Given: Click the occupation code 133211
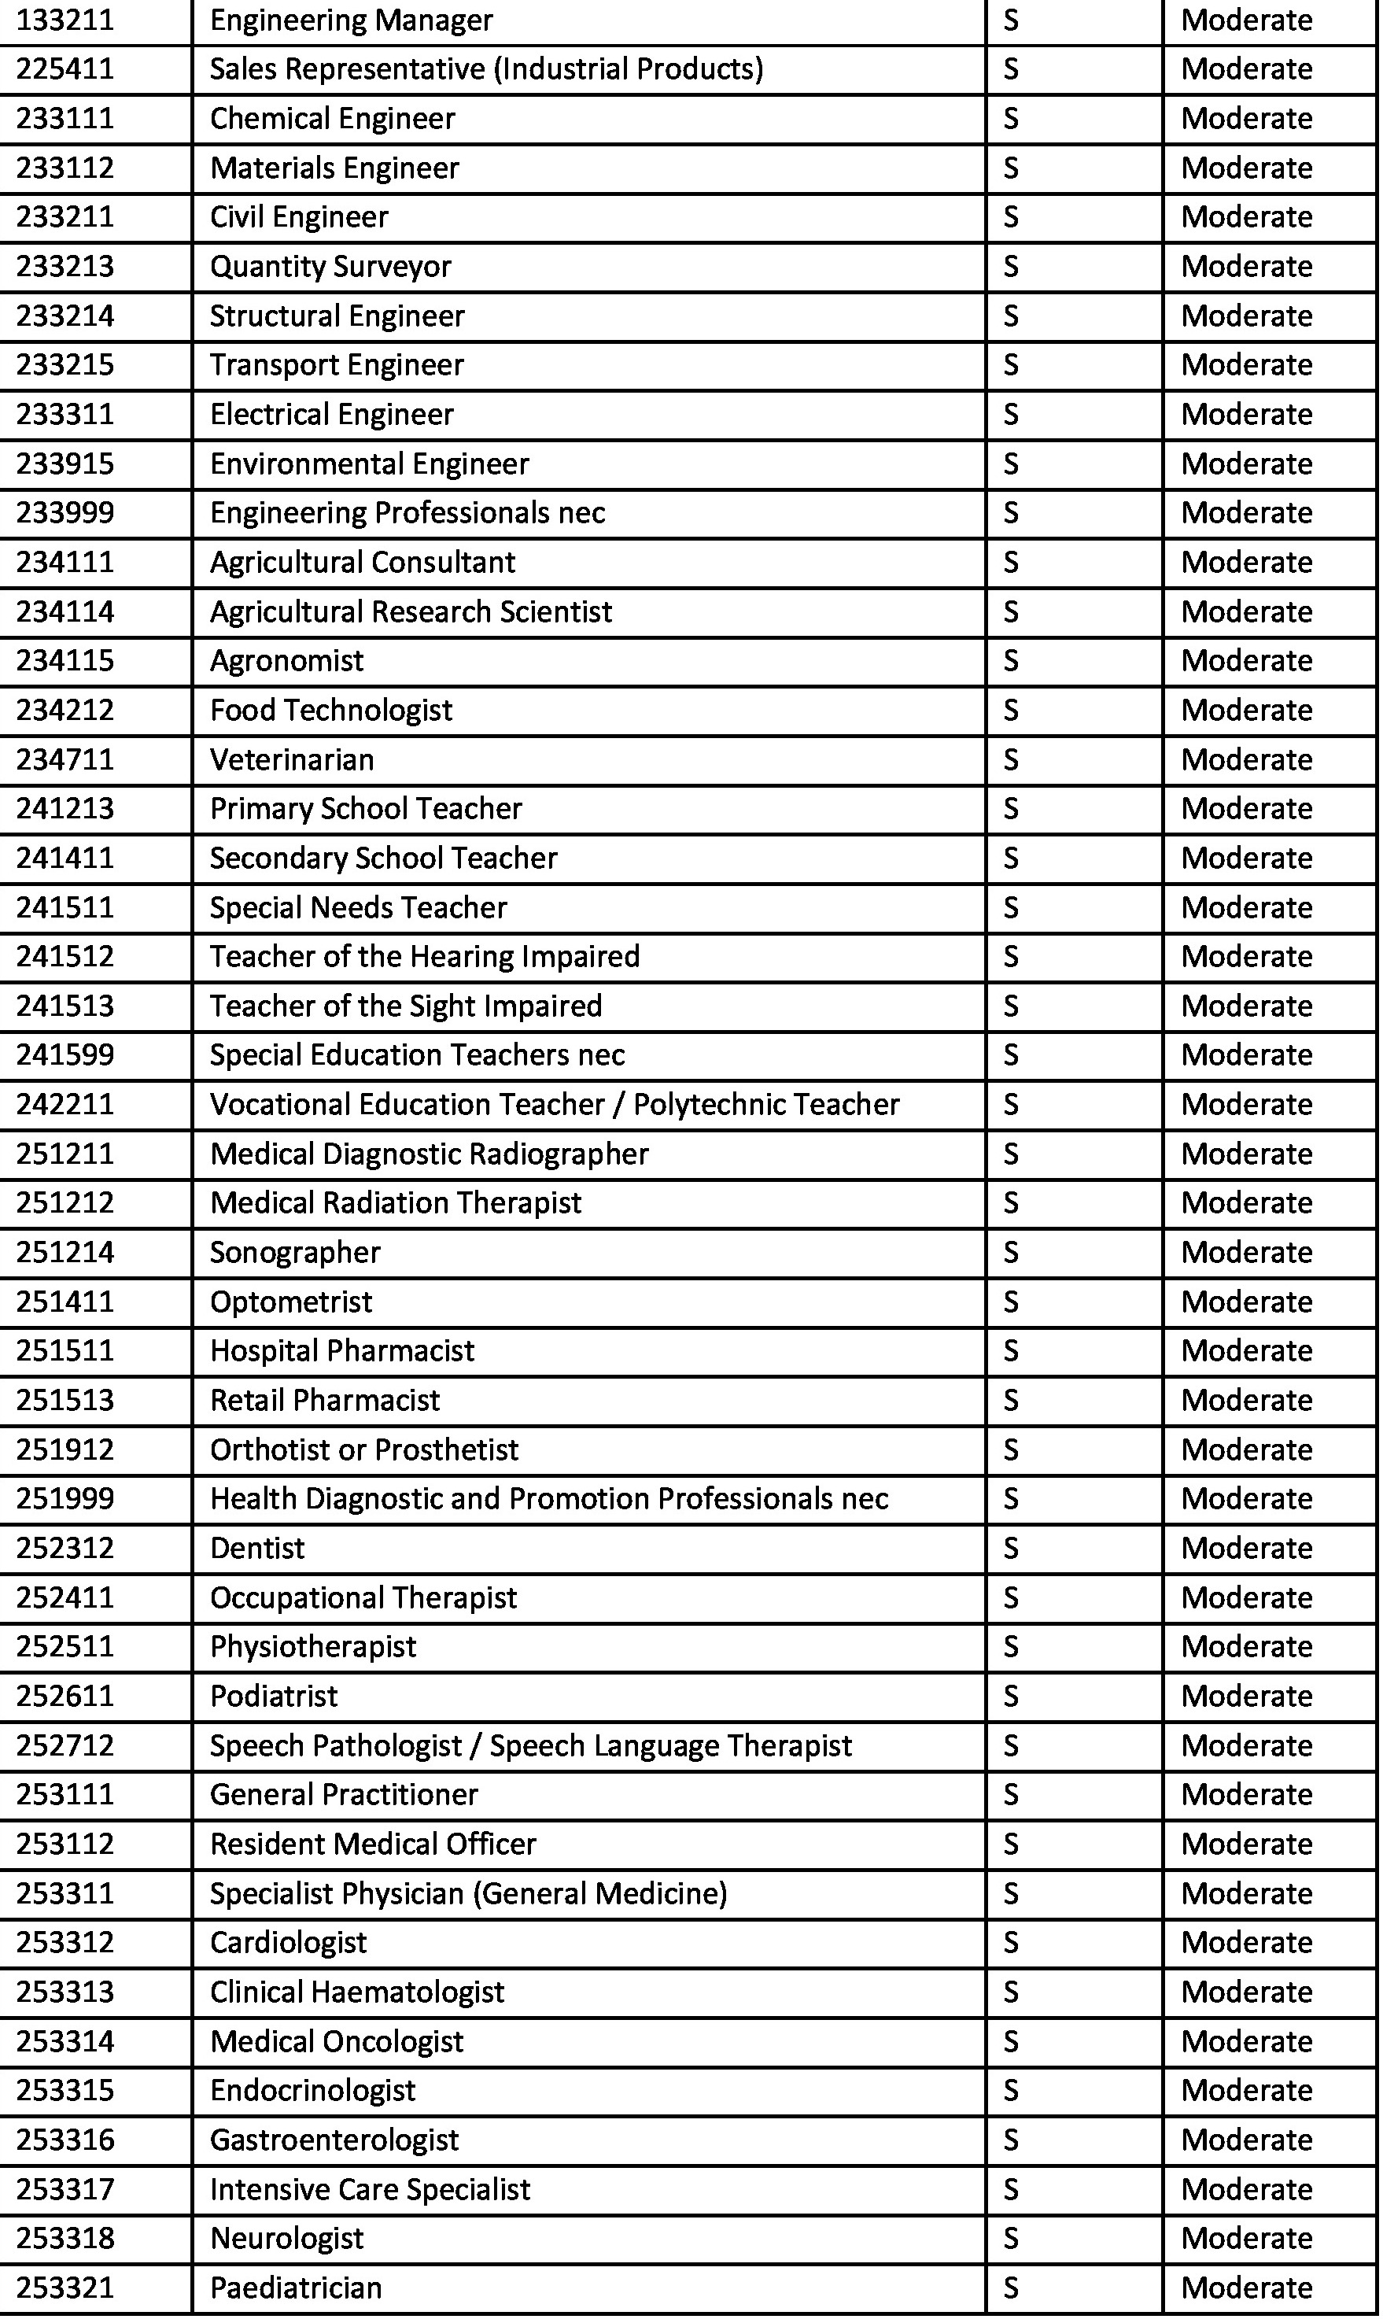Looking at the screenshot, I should point(65,20).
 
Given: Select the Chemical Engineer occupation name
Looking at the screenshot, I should point(332,118).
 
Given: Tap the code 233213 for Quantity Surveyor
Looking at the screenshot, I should point(65,267).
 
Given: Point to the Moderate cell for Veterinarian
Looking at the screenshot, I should point(1246,759).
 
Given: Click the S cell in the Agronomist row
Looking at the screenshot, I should point(1011,661).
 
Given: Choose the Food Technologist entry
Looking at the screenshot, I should point(331,711).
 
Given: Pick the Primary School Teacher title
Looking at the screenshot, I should point(365,808).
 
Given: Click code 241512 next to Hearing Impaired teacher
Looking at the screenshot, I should point(65,956).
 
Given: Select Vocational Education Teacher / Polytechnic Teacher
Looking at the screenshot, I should point(555,1105).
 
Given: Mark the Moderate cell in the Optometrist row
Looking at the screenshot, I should point(1246,1302).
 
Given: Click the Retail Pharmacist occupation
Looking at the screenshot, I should point(324,1400).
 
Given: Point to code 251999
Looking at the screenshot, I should point(65,1499).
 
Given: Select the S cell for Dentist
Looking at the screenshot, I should point(1011,1548).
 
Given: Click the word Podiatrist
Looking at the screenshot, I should point(274,1696).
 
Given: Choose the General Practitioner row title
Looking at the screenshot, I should point(344,1794).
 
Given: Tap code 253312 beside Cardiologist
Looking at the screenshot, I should point(65,1942).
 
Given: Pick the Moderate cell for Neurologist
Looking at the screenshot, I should point(1246,2238).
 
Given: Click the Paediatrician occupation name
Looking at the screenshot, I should point(296,2288).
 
